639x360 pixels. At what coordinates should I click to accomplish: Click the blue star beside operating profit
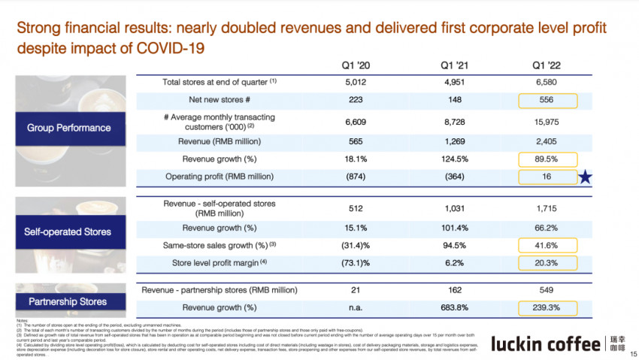point(586,177)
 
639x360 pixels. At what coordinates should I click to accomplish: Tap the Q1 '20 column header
point(356,65)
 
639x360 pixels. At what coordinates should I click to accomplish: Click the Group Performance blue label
point(69,128)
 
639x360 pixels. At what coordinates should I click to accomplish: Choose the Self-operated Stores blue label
point(69,231)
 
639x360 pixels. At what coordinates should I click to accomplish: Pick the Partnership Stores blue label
point(68,301)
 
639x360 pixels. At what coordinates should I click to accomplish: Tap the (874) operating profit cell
point(356,177)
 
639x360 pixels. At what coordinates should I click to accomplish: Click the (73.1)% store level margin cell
point(356,263)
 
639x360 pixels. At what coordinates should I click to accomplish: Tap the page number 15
point(633,353)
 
